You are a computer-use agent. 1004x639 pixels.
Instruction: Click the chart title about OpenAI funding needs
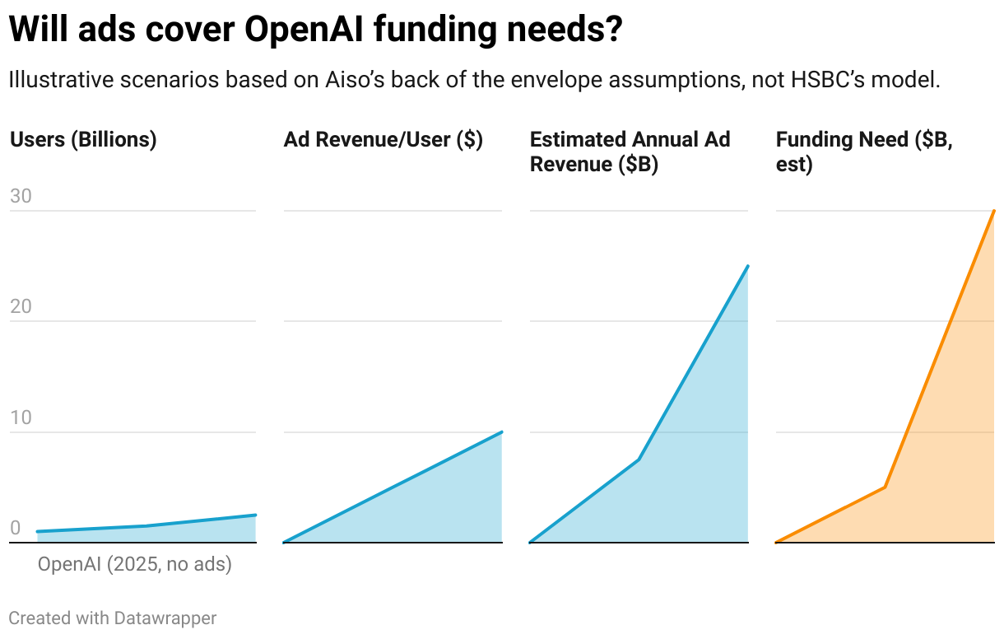click(315, 31)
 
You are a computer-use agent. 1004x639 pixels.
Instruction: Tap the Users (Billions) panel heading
click(83, 140)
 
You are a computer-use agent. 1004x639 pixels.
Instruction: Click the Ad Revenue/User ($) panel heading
click(383, 140)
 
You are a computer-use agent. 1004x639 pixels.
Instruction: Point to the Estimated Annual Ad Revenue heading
click(630, 152)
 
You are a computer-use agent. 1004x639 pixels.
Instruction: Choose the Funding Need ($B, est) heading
click(864, 152)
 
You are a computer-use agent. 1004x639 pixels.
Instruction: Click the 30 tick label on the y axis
click(21, 196)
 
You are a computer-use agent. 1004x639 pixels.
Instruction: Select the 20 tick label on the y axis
click(21, 306)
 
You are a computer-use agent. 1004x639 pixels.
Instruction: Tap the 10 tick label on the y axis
click(21, 417)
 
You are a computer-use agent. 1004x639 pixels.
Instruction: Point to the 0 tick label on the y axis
click(15, 528)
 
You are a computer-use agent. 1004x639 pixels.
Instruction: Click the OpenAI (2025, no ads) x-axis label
click(135, 565)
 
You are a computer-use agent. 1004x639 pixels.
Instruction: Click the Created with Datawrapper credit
click(113, 618)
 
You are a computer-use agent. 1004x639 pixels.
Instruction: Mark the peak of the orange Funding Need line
click(994, 211)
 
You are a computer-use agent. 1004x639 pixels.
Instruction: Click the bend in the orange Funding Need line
click(885, 487)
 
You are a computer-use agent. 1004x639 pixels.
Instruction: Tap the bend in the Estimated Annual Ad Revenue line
click(639, 459)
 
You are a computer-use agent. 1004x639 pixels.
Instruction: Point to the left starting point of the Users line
click(38, 532)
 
